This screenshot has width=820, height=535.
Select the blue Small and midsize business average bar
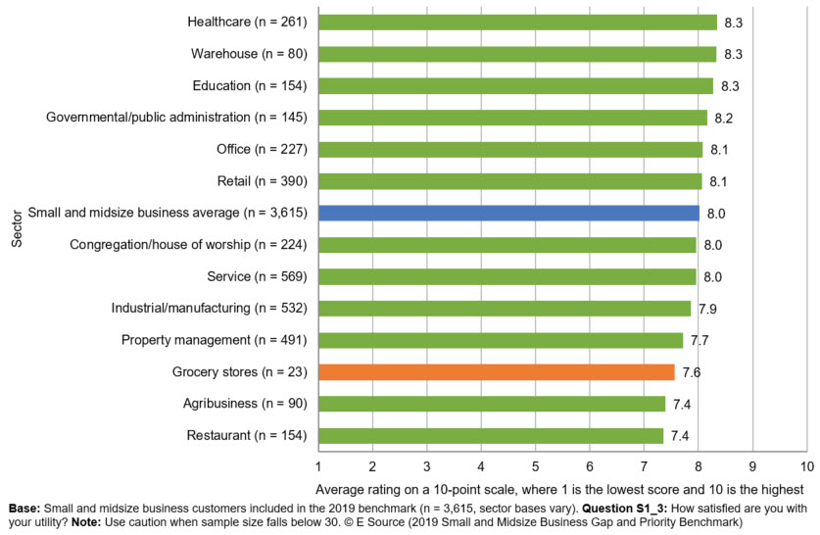tap(508, 213)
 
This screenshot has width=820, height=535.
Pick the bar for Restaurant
tap(491, 436)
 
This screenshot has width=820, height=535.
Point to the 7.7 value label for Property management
tap(699, 341)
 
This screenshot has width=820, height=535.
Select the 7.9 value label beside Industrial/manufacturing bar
tap(708, 310)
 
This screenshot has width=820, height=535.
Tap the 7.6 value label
tap(692, 373)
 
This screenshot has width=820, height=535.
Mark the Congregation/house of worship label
tap(189, 245)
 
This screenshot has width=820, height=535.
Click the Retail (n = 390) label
tap(260, 181)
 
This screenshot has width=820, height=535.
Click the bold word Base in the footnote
tap(24, 510)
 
